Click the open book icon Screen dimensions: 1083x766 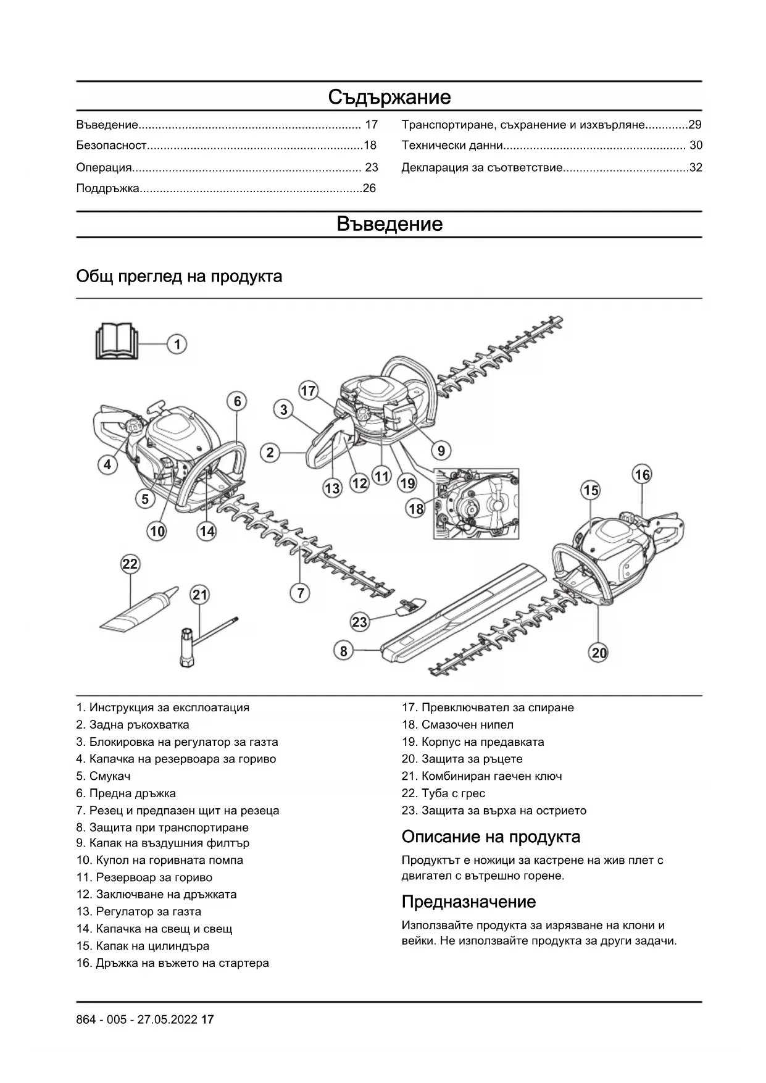(115, 341)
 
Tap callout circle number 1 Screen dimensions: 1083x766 (177, 344)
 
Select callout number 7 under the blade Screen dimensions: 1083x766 (300, 593)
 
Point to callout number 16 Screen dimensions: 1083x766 (642, 474)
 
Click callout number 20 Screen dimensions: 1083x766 (599, 653)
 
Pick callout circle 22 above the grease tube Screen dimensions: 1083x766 (130, 564)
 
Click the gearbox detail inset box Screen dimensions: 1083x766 (475, 503)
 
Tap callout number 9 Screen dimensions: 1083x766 (441, 451)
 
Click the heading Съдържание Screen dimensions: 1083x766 (389, 97)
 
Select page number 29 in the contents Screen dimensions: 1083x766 (695, 125)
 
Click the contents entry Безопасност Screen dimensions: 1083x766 (112, 146)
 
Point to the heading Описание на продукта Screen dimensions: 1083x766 (491, 837)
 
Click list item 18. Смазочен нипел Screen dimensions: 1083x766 (457, 724)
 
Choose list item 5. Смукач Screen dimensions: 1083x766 (104, 776)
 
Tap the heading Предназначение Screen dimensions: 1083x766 (468, 901)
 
